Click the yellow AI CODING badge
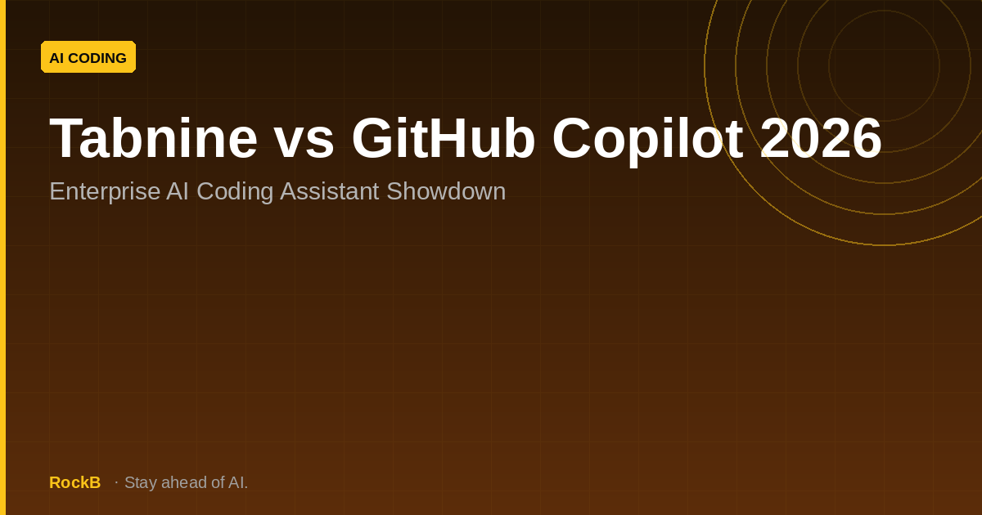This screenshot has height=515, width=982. point(88,57)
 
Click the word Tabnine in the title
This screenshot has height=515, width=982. point(154,138)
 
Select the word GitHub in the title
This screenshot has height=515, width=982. point(444,138)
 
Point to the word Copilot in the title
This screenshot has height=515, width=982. point(647,141)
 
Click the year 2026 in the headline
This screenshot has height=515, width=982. point(821,138)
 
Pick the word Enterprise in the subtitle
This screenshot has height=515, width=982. point(105,192)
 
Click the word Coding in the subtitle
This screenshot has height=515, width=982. point(235,192)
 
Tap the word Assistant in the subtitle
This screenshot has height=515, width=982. point(330,191)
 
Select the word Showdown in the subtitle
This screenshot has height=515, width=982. point(446,191)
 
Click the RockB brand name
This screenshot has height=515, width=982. point(75,482)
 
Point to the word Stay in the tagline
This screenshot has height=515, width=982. point(141,483)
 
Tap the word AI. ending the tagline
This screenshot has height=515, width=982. point(238,482)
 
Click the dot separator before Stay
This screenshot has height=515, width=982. point(116,482)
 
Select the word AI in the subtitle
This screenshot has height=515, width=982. point(178,191)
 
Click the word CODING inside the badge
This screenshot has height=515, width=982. point(97,58)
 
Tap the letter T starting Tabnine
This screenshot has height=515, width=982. point(64,138)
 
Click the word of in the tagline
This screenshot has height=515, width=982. point(218,482)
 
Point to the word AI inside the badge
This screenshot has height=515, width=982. point(56,58)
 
